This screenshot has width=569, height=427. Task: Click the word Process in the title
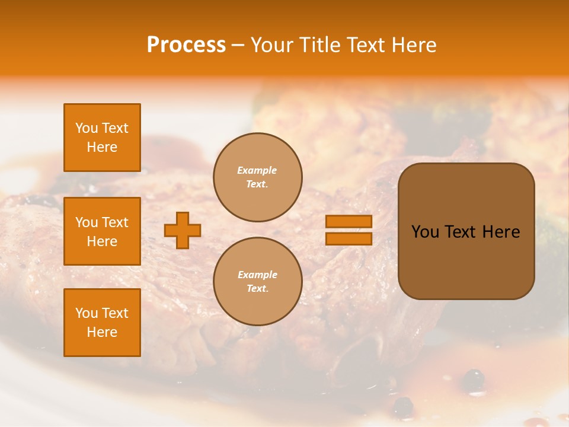tap(186, 45)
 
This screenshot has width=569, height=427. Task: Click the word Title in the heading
tap(318, 45)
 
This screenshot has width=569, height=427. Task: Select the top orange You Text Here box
tap(102, 138)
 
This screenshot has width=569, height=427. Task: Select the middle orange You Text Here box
tap(102, 231)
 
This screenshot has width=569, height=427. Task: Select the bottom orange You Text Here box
tap(102, 323)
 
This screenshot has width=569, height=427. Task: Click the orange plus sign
tap(183, 230)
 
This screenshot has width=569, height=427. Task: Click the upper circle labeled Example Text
tap(258, 177)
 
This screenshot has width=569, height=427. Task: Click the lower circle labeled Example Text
tap(258, 282)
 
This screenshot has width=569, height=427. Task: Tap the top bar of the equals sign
tap(349, 221)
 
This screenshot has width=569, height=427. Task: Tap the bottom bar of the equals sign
tap(349, 238)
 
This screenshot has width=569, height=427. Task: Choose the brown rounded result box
tap(466, 261)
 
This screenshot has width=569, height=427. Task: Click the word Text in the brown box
tap(460, 232)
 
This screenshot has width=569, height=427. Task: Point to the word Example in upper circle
tap(257, 170)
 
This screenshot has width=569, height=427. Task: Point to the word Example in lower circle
tap(257, 275)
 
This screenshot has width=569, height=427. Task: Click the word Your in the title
tap(270, 45)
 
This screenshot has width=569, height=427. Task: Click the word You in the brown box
tap(425, 232)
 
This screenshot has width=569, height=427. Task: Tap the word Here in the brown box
tap(501, 232)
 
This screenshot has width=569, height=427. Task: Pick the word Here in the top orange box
tap(102, 147)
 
